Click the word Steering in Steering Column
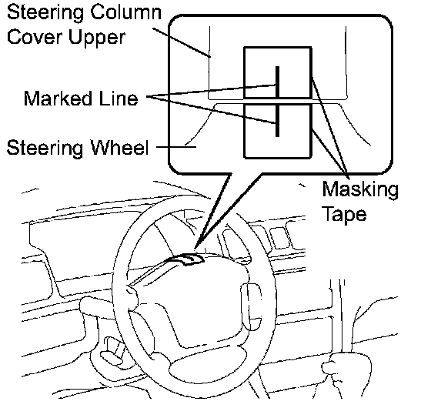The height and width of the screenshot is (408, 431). coord(45,13)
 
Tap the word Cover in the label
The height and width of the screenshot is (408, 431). coord(35,37)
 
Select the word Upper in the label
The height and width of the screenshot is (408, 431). coord(97,38)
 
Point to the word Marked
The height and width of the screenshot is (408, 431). coord(58,99)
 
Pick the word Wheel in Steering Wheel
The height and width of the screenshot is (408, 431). coord(119,147)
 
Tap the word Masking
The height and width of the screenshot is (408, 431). coord(360,191)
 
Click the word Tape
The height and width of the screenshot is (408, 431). coord(344,215)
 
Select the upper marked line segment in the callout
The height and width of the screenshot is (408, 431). coord(278,82)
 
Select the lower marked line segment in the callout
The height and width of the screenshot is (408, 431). coord(278,120)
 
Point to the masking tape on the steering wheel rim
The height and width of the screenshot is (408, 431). coord(185,259)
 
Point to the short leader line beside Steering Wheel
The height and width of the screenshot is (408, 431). coord(176,147)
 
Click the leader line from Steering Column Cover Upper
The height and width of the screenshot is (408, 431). coord(182,42)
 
